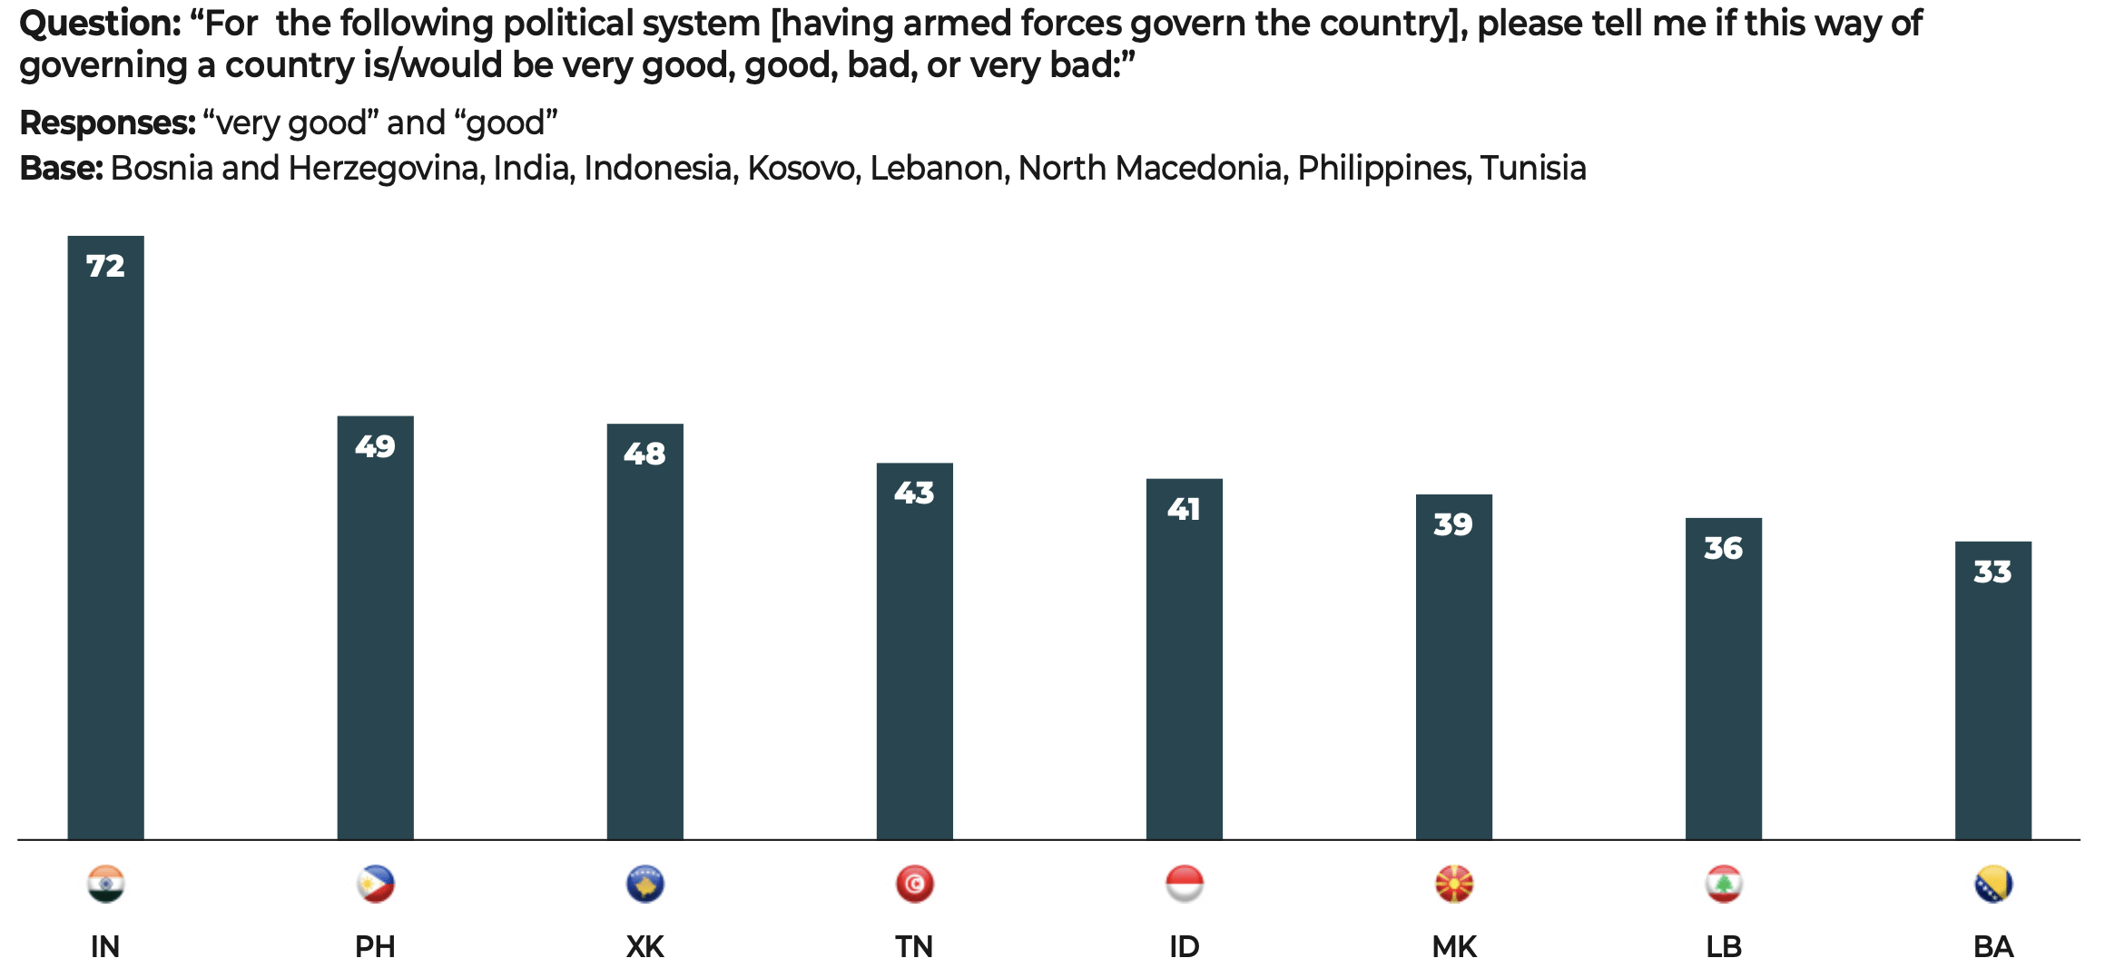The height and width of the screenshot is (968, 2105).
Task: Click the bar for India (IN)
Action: [105, 544]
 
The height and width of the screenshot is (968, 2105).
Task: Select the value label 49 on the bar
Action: [375, 446]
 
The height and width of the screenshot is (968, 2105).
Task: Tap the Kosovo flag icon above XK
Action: [644, 884]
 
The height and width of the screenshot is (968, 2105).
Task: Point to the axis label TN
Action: [914, 946]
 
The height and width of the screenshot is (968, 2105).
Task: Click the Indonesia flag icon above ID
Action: [1184, 884]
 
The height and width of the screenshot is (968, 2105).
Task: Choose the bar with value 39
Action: [1453, 671]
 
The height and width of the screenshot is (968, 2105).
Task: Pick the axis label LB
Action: [1723, 946]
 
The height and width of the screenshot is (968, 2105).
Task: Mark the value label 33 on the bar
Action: [1992, 572]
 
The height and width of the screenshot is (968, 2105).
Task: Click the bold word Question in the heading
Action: [100, 24]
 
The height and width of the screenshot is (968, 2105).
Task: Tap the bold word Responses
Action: [107, 122]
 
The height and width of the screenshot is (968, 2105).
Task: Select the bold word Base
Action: [61, 168]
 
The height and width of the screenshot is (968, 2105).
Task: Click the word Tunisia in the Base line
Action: [1533, 168]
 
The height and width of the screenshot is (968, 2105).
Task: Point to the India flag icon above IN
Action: [105, 884]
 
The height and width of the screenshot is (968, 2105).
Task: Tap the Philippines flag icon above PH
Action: [375, 884]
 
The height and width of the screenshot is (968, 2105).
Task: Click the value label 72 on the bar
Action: [105, 266]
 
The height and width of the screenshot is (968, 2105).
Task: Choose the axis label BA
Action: [1992, 946]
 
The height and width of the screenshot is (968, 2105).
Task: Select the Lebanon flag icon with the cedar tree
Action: [1723, 884]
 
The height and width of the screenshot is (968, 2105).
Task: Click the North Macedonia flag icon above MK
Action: [1453, 884]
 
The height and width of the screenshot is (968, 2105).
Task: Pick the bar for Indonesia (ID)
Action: [1184, 662]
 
